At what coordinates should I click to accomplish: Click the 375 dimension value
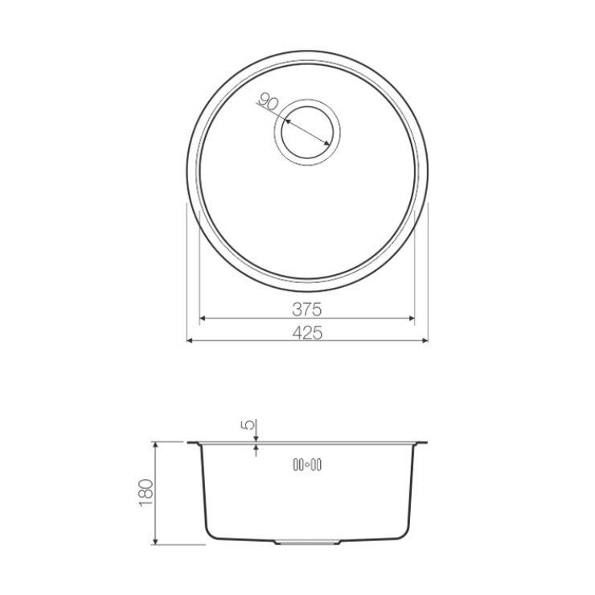307,310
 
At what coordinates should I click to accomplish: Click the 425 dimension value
307,333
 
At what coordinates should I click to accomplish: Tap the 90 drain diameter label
269,101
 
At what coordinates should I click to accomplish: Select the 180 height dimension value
146,494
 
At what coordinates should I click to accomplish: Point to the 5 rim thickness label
251,425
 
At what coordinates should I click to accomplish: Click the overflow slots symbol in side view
307,465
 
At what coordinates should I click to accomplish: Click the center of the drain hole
307,133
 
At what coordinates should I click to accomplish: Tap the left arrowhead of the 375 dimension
203,318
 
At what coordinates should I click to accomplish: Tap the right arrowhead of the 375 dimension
412,318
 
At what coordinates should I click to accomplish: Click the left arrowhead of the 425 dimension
190,341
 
